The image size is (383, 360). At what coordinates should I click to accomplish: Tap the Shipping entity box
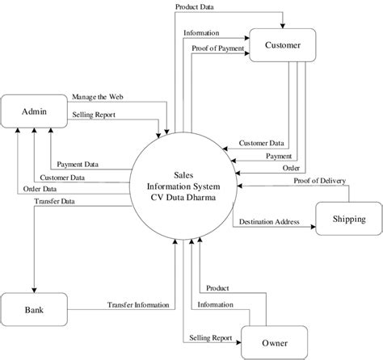coord(348,219)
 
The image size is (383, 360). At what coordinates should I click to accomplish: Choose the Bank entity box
coord(32,310)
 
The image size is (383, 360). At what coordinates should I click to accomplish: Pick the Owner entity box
coord(275,343)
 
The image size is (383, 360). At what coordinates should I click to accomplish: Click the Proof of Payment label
coord(217,48)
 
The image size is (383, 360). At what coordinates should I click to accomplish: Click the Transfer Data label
coord(55,202)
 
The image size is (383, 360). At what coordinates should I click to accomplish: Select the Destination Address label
coord(269,221)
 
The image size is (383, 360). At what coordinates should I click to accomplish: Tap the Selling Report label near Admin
coord(94,115)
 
